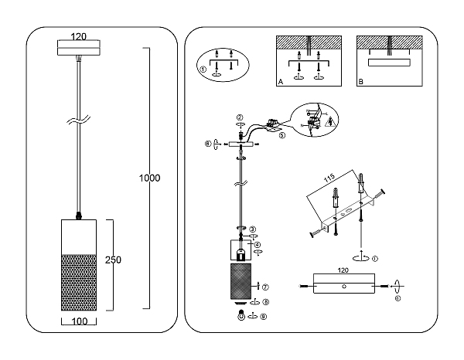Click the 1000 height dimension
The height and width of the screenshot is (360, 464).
pyautogui.click(x=149, y=178)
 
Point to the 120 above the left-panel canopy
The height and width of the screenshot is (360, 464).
pyautogui.click(x=78, y=36)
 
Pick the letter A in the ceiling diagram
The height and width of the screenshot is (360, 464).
pyautogui.click(x=279, y=80)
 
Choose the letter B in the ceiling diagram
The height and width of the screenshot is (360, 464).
pyautogui.click(x=360, y=80)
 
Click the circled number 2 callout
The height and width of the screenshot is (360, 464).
pyautogui.click(x=239, y=117)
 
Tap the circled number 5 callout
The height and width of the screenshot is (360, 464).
pyautogui.click(x=282, y=134)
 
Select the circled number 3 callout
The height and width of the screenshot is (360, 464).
pyautogui.click(x=252, y=229)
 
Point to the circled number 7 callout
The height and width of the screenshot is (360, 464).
pyautogui.click(x=264, y=287)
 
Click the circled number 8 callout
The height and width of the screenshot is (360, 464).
pyautogui.click(x=264, y=302)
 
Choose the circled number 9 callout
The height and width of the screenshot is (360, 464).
pyautogui.click(x=264, y=316)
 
